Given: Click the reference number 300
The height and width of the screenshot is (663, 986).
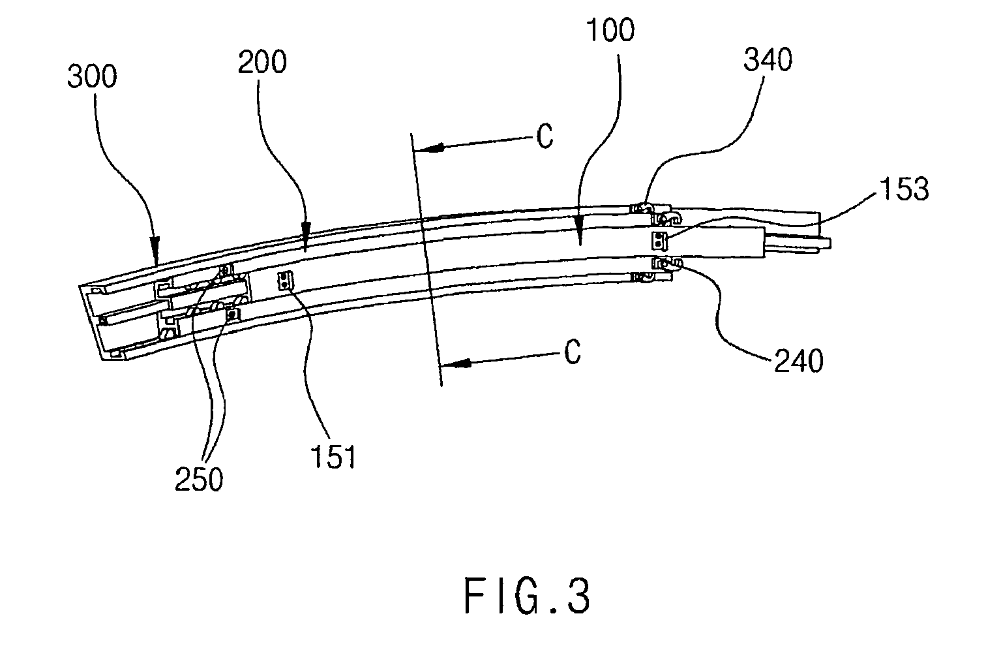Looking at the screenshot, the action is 92,76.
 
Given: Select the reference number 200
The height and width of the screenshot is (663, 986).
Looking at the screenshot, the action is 262,62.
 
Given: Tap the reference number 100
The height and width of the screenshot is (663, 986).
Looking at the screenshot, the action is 610,30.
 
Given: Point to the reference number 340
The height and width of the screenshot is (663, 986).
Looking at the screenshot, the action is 768,60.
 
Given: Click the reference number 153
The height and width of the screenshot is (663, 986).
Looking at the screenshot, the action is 904,189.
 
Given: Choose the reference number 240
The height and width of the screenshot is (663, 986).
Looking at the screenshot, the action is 798,362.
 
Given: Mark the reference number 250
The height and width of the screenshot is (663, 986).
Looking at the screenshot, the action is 199,479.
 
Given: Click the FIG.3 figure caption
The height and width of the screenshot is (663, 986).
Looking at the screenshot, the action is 526,596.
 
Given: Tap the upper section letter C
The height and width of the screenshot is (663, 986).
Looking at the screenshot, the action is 545,136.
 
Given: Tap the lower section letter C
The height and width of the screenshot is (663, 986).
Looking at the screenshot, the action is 573,352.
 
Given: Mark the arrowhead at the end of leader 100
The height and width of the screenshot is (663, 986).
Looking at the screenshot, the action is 580,230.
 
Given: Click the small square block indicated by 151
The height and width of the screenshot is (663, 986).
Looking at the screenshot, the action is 286,281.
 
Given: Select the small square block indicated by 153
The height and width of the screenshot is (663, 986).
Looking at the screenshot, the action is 659,241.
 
